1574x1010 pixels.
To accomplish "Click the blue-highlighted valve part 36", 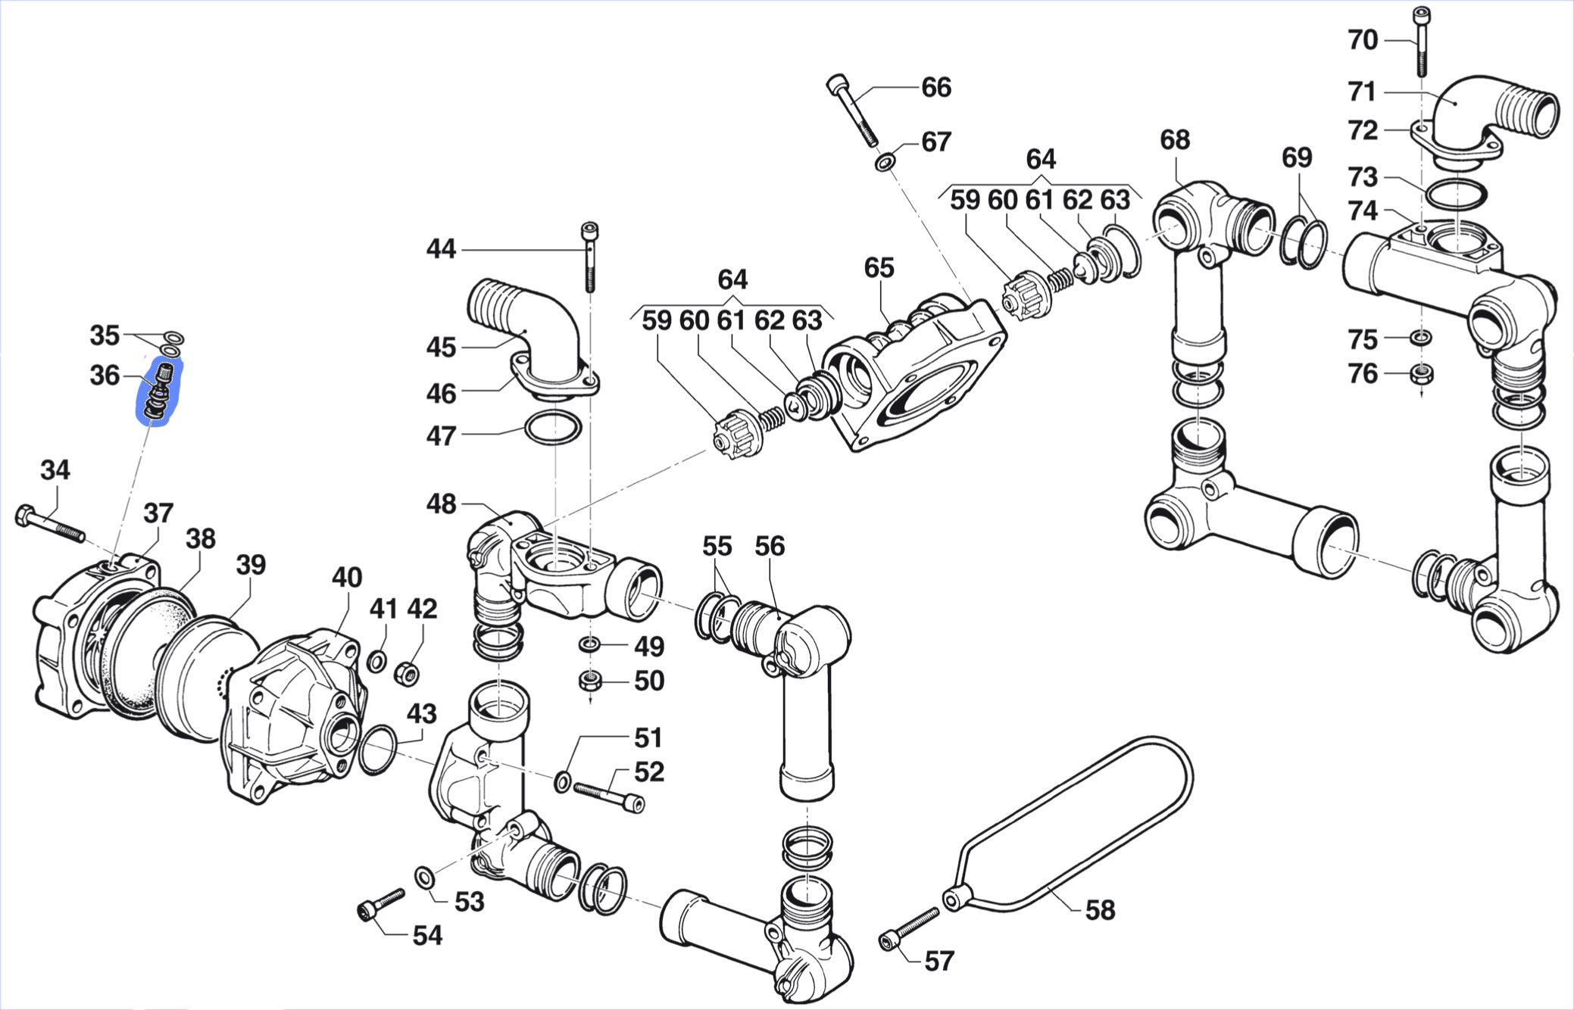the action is (160, 391).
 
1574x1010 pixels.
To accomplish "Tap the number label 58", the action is (1100, 909).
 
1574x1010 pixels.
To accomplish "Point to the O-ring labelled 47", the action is (554, 428).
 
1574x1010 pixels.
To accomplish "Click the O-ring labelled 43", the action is (376, 750).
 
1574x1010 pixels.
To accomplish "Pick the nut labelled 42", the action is (408, 672).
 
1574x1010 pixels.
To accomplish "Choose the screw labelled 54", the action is (381, 904).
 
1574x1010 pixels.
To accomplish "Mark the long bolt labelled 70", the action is (1422, 42).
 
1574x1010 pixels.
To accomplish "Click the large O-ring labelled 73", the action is (1455, 195).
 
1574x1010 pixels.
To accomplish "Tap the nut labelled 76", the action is (1422, 374).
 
